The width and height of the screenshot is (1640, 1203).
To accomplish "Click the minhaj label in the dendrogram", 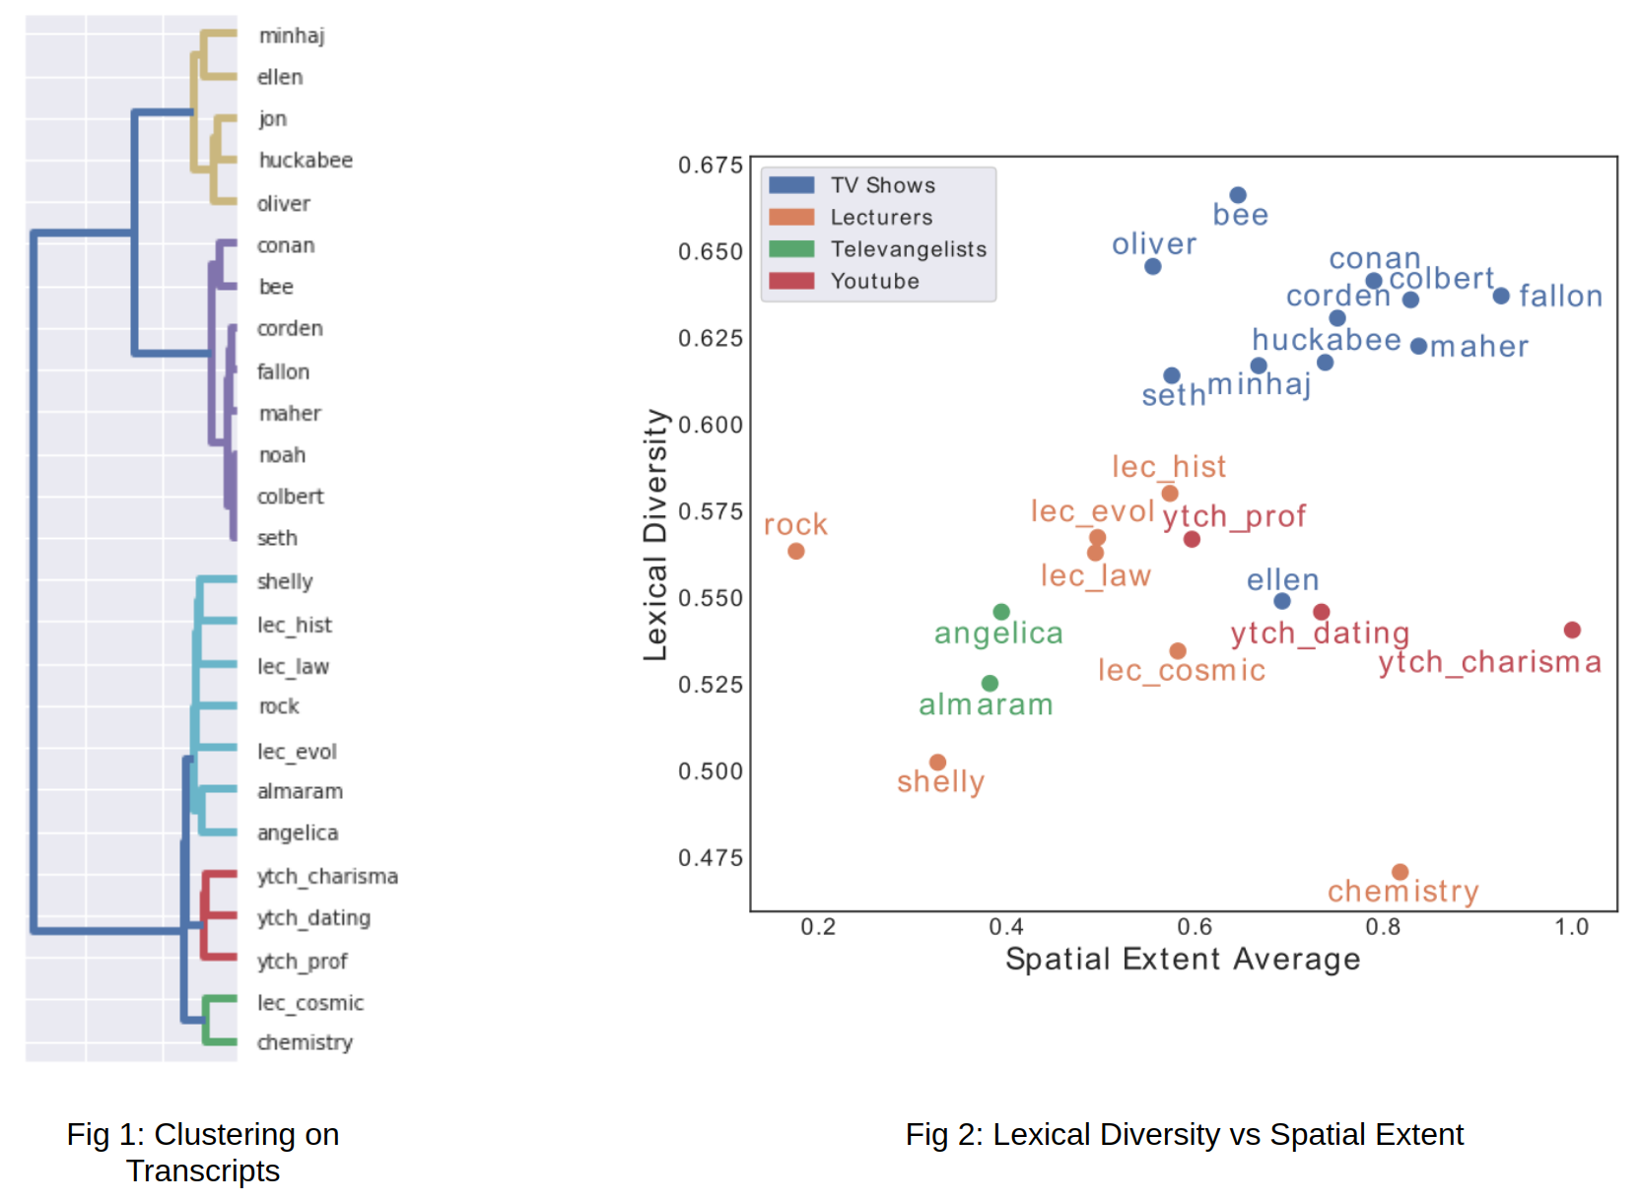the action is (x=293, y=35).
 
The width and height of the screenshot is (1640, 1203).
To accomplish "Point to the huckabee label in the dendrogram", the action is (x=307, y=161).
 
